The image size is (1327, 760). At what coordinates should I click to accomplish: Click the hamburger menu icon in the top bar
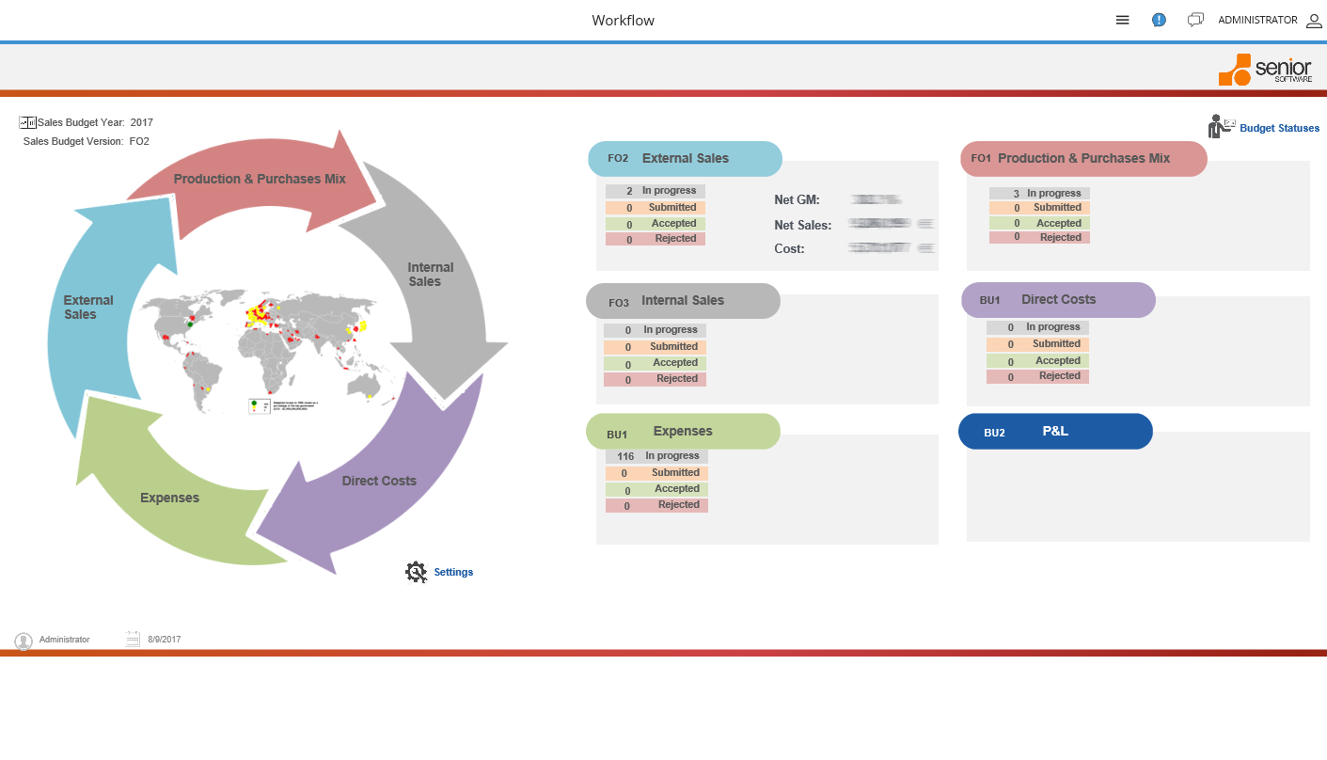(1122, 20)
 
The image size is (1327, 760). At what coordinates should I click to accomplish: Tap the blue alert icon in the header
(1159, 20)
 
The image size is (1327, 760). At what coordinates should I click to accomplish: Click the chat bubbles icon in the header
(1195, 20)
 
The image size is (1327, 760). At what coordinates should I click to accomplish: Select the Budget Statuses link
(1279, 128)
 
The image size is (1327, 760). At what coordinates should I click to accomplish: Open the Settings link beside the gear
(453, 572)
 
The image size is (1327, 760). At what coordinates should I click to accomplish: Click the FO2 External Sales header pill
(685, 159)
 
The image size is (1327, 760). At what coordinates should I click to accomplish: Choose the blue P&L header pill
(1055, 432)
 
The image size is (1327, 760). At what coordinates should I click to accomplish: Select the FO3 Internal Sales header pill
(683, 301)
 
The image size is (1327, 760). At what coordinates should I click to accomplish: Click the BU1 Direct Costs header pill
(1058, 300)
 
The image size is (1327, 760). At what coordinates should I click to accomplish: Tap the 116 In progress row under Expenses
(656, 456)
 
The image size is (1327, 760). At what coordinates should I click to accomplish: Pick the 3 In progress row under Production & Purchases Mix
(1039, 194)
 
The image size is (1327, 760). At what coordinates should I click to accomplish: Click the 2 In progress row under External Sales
(656, 191)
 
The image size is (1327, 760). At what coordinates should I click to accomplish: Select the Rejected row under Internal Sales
(655, 379)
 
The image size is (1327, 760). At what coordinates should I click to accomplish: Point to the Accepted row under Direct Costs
(1037, 361)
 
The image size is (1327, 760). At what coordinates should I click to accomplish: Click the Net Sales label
(802, 225)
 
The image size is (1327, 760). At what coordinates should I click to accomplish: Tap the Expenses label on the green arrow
(169, 498)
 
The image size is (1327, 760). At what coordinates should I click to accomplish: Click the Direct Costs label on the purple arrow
(379, 481)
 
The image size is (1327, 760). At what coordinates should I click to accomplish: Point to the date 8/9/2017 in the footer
(164, 640)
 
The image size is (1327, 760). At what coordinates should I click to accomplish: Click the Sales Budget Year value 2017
(142, 122)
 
